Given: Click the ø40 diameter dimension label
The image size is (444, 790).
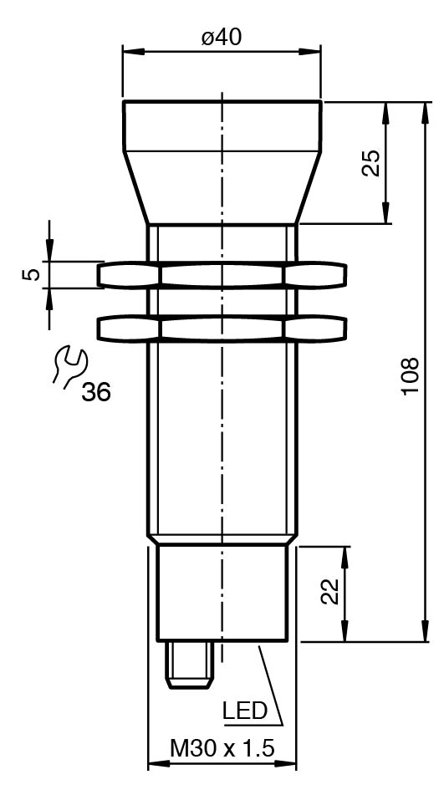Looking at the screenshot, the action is coord(222,38).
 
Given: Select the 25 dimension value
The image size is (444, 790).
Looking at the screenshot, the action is coord(371,163).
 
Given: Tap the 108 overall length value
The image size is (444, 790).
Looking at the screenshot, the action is coord(411,376).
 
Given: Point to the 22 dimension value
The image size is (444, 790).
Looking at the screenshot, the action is coord(330,591).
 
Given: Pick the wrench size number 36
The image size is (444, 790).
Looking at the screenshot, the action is coord(96,392).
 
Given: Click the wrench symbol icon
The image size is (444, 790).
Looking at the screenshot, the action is coord(69,366).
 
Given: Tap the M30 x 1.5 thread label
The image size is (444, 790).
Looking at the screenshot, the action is coord(222,749).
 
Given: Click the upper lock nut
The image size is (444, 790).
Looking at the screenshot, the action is coord(222,274).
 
